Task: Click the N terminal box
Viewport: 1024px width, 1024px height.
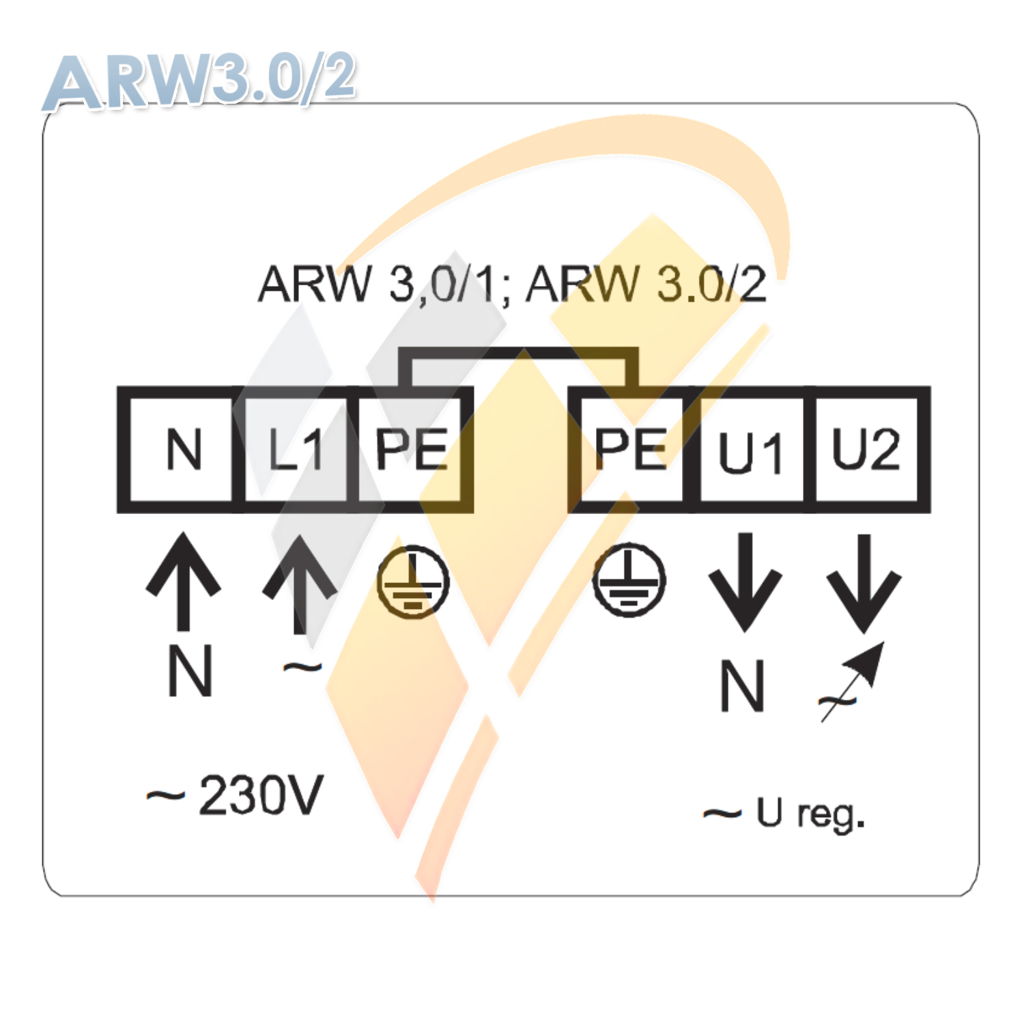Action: (181, 450)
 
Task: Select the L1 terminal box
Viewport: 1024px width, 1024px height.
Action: (296, 450)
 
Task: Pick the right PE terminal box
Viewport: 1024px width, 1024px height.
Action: (629, 450)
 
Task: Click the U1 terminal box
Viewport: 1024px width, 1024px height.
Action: (751, 451)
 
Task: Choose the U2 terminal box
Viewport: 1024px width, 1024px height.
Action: (866, 450)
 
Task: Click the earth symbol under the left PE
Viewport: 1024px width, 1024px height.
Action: (413, 582)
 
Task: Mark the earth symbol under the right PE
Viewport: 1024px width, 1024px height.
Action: (629, 580)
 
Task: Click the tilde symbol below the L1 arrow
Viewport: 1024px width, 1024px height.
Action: (302, 667)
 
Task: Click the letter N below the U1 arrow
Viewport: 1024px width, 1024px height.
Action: (742, 687)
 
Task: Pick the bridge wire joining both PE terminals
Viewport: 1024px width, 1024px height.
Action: (519, 354)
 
